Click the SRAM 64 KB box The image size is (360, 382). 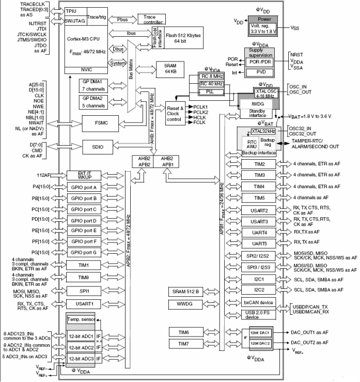click(169, 70)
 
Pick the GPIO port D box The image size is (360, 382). click(84, 220)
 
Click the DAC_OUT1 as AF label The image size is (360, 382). click(310, 333)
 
